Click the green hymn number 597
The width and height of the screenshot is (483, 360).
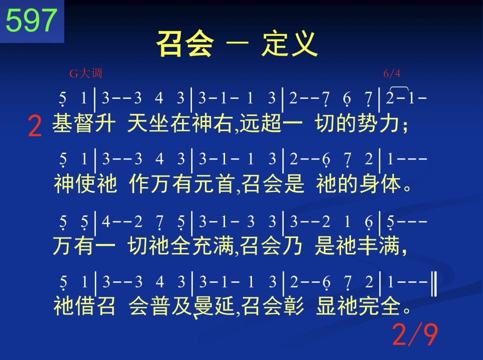click(32, 20)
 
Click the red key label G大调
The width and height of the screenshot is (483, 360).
click(86, 74)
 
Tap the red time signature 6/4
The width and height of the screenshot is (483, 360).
click(392, 74)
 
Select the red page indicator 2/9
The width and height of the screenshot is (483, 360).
click(415, 335)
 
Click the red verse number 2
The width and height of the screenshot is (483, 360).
click(34, 126)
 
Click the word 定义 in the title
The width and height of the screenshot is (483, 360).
click(290, 44)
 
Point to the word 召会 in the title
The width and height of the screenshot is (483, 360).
click(185, 44)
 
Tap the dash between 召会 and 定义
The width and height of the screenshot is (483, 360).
click(238, 44)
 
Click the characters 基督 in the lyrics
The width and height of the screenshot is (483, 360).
click(73, 123)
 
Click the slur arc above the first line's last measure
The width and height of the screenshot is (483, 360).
click(399, 88)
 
